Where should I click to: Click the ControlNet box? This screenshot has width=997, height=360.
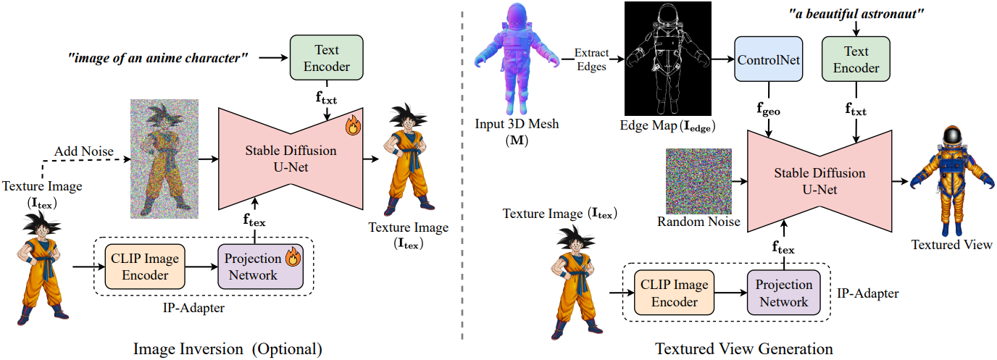click(768, 60)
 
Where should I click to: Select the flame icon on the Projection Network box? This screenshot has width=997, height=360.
click(293, 256)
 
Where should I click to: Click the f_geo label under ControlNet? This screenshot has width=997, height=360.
click(768, 112)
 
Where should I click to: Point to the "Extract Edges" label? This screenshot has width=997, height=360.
click(591, 59)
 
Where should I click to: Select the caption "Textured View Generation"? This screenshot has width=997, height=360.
click(744, 348)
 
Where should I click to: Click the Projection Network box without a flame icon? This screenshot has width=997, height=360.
click(783, 293)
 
